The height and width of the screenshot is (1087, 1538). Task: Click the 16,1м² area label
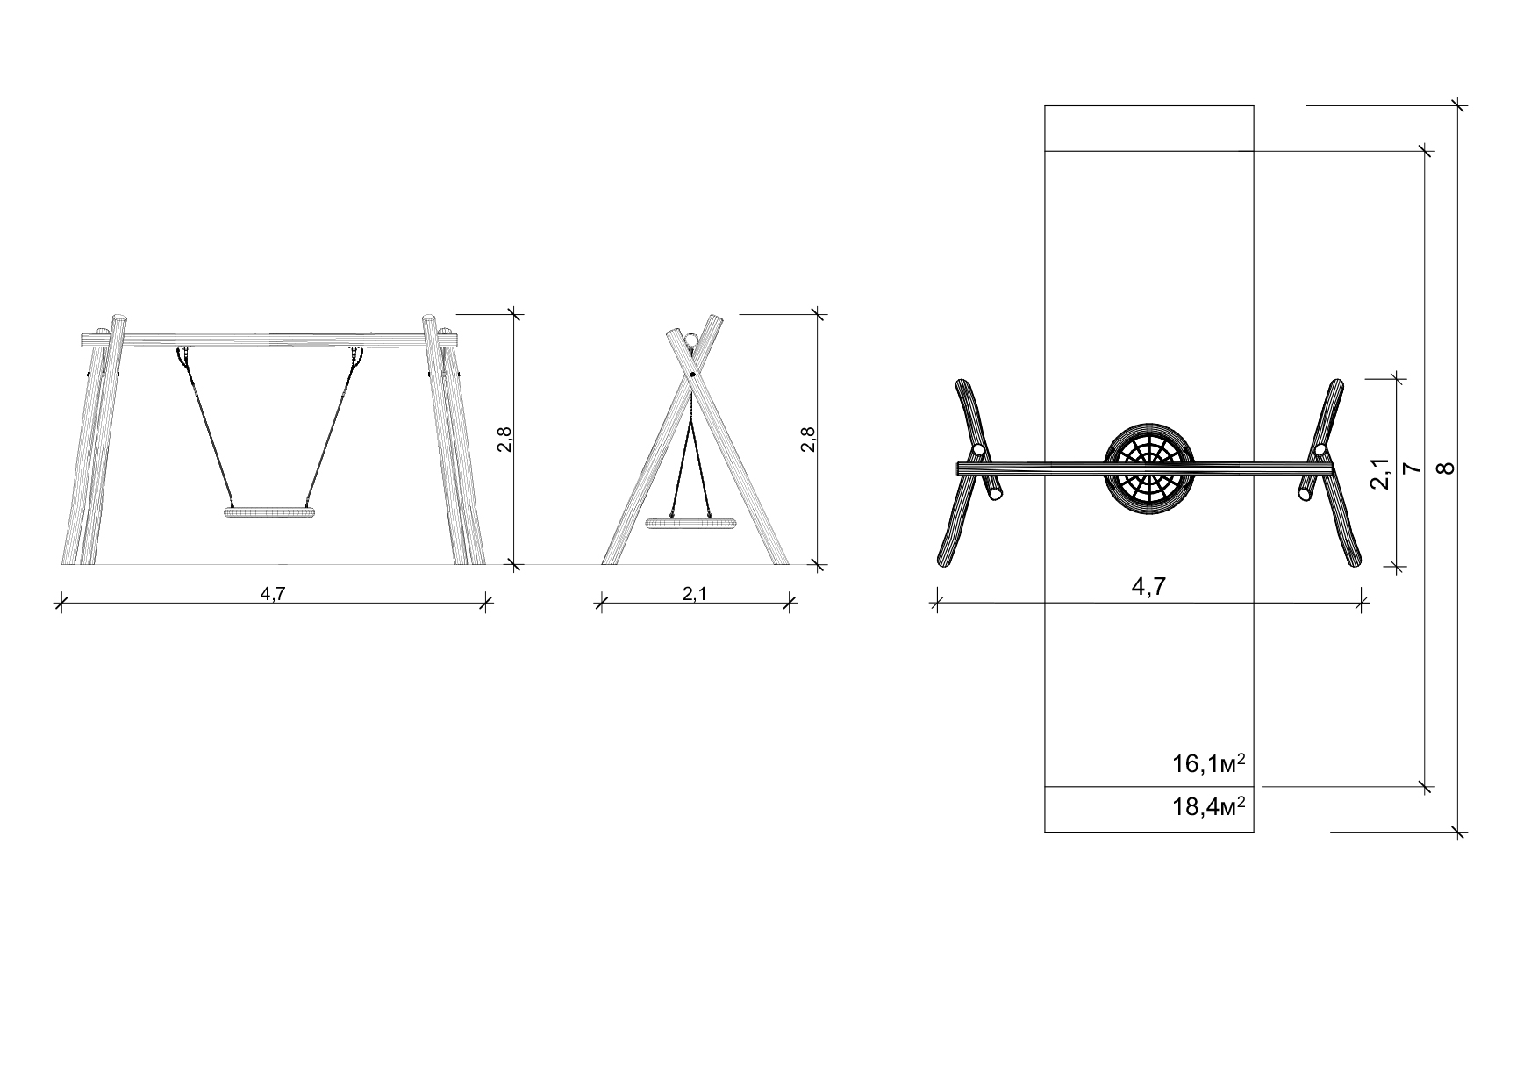[1209, 763]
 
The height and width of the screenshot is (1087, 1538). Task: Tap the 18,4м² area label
[1209, 806]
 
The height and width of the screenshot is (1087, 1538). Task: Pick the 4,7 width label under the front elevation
[273, 594]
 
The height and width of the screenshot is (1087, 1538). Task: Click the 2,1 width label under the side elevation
[695, 594]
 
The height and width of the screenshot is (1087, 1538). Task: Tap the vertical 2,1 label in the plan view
[1380, 474]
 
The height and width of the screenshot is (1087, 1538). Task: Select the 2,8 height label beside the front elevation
[504, 439]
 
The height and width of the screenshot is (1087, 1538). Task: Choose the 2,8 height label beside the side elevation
[807, 439]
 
